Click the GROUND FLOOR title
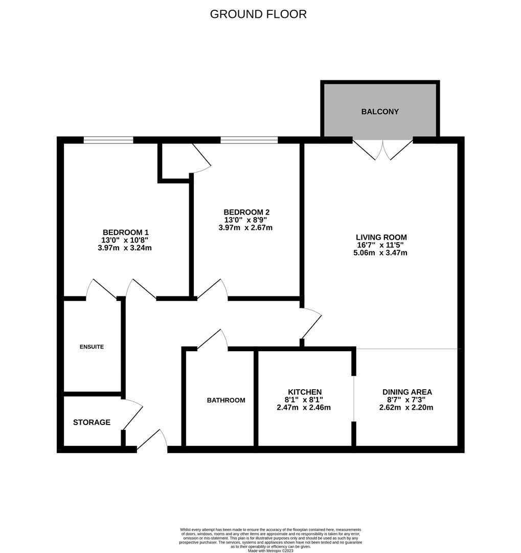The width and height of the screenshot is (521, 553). point(258,14)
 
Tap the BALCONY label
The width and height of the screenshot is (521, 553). point(380,112)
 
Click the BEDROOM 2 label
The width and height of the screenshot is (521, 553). point(246,212)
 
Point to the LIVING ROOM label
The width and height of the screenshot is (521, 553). point(381,237)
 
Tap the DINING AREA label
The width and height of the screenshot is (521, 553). point(406,392)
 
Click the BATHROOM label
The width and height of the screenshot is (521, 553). point(226,400)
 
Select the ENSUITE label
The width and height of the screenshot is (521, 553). point(92,347)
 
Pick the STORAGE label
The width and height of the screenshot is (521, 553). point(92,422)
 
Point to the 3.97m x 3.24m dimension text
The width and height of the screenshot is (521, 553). point(125,248)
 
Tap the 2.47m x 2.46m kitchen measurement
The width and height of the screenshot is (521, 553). point(304,408)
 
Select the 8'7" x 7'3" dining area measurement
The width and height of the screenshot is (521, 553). point(406,400)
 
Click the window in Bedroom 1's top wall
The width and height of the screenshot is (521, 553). point(108,140)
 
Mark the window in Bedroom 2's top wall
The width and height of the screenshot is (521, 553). point(249,140)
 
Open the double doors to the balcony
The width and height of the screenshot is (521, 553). point(382,148)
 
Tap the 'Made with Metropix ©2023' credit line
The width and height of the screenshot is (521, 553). point(270,550)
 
